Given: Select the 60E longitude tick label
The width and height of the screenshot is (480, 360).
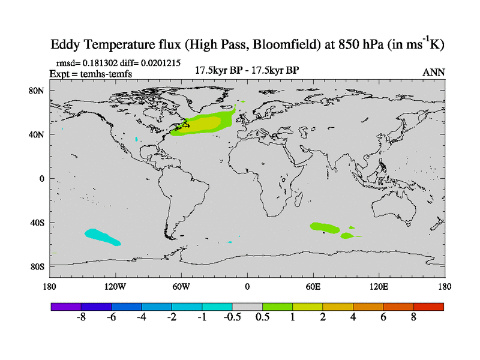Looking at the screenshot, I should pos(313,286).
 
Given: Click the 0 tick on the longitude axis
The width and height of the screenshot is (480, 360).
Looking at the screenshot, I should pos(247,286).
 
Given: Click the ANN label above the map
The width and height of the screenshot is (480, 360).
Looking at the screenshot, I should pos(434,72).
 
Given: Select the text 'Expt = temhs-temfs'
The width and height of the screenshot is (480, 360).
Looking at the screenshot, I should pos(90,73).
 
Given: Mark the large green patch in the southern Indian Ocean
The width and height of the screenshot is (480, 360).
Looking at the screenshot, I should pos(324,227).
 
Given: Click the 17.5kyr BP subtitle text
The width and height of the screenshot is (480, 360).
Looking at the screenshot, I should pos(247,70).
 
